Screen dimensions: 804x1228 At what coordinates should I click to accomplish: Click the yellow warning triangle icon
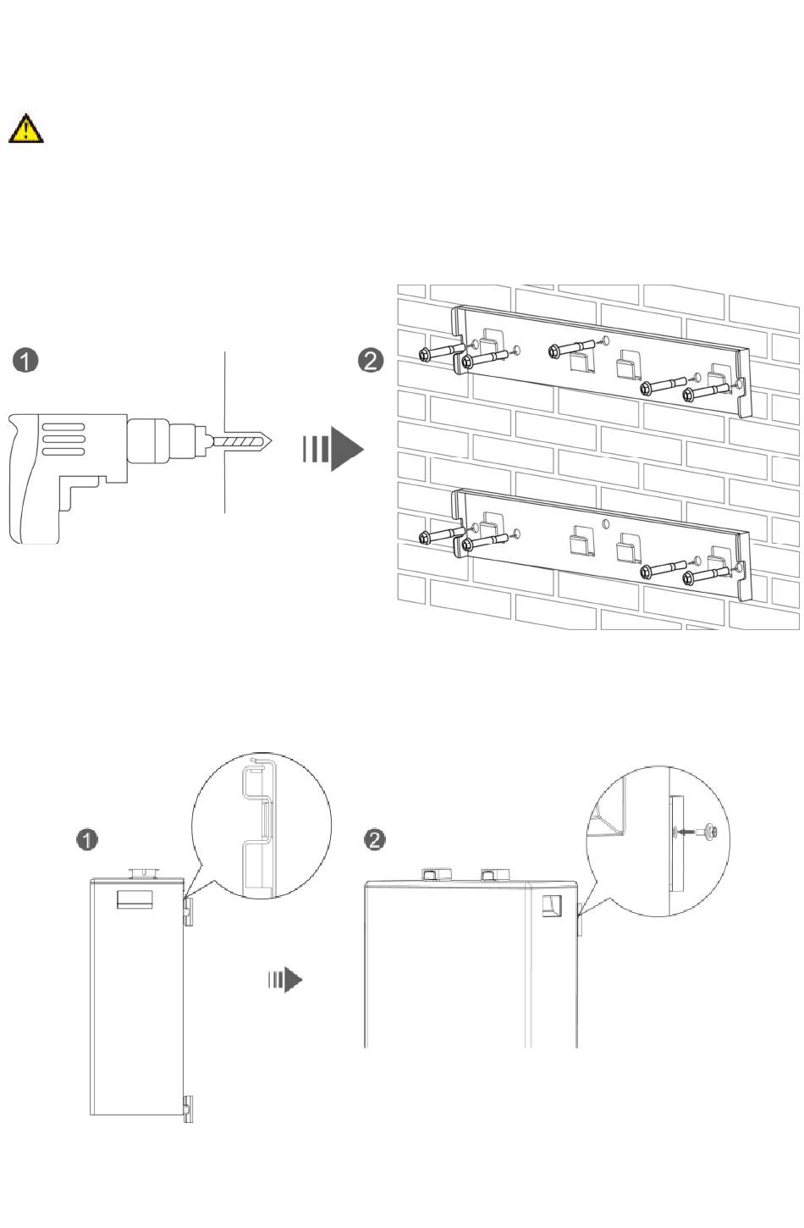pyautogui.click(x=25, y=129)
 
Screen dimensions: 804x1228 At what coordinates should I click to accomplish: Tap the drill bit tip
pyautogui.click(x=273, y=440)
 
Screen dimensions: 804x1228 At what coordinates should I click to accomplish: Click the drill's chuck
pyautogui.click(x=149, y=440)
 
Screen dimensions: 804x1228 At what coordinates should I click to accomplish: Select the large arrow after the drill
pyautogui.click(x=333, y=450)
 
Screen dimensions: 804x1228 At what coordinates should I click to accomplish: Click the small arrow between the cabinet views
pyautogui.click(x=285, y=980)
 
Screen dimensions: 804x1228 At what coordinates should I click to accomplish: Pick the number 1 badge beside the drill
pyautogui.click(x=25, y=361)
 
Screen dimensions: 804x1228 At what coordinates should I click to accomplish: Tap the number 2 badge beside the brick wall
pyautogui.click(x=370, y=361)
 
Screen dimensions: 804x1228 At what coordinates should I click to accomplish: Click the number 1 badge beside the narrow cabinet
pyautogui.click(x=87, y=840)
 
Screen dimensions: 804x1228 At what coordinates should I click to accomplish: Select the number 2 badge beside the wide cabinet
pyautogui.click(x=375, y=839)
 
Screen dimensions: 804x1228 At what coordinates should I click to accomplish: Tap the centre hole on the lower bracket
pyautogui.click(x=605, y=523)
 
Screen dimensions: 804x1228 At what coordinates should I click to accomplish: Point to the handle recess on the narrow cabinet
pyautogui.click(x=135, y=900)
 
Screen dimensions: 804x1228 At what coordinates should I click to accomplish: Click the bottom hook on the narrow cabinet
pyautogui.click(x=188, y=1109)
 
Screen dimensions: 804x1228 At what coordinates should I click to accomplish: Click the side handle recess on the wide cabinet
pyautogui.click(x=552, y=905)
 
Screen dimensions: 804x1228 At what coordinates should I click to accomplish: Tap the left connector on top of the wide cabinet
pyautogui.click(x=436, y=874)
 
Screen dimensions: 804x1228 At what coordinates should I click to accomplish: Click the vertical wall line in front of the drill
pyautogui.click(x=224, y=433)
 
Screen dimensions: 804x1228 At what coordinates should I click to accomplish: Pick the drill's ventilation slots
pyautogui.click(x=63, y=440)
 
